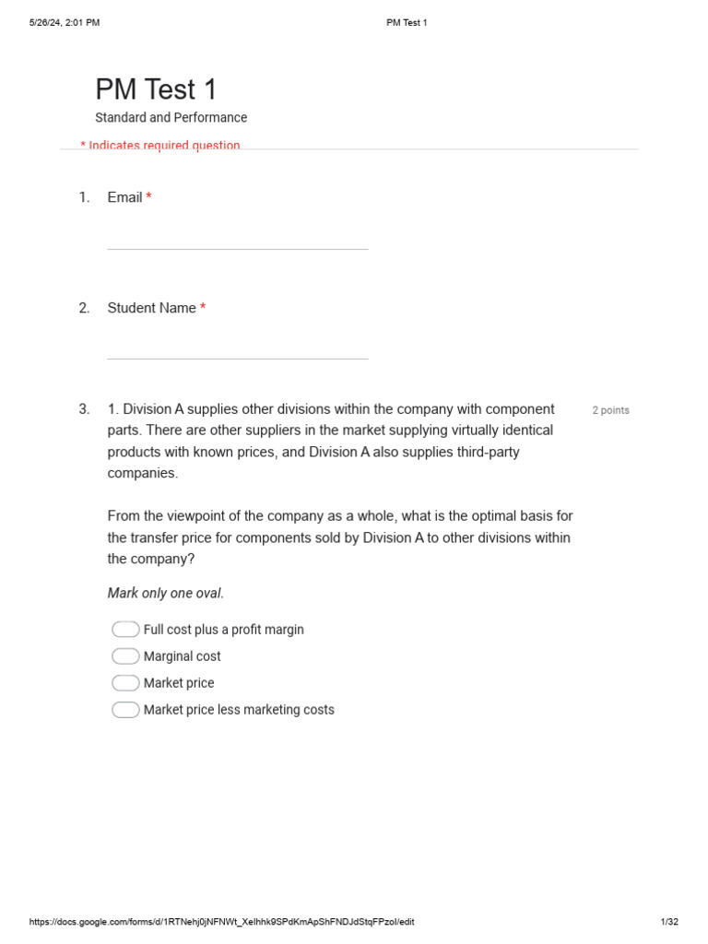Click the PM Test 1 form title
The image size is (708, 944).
click(156, 89)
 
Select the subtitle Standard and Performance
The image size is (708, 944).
click(171, 118)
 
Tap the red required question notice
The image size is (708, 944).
click(160, 146)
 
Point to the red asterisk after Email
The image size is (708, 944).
click(148, 197)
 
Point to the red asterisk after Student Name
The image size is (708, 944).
click(203, 308)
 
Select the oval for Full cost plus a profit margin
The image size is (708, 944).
click(125, 630)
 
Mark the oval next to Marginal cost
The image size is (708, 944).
click(125, 656)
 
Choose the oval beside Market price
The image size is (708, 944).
click(125, 683)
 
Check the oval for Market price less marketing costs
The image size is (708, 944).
click(125, 710)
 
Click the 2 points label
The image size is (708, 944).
click(610, 410)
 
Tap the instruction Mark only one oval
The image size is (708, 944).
click(166, 594)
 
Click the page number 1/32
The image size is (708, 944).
click(669, 922)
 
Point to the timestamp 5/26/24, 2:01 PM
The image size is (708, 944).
click(65, 23)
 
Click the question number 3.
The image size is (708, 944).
click(84, 409)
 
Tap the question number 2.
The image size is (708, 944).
click(84, 308)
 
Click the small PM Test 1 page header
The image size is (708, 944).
click(407, 23)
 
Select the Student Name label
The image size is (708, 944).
click(151, 308)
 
